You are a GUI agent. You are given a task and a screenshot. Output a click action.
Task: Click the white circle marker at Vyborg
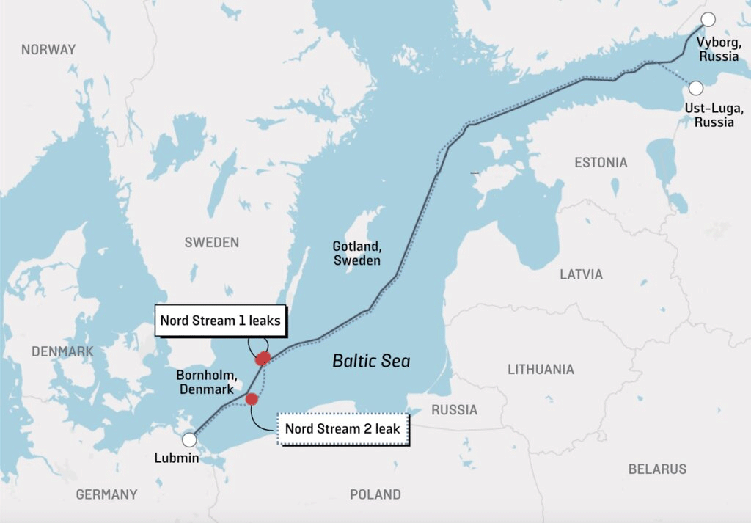(x=708, y=20)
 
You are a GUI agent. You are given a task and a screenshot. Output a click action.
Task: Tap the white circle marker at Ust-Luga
(x=695, y=88)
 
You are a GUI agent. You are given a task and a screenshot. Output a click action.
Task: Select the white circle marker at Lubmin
(x=189, y=439)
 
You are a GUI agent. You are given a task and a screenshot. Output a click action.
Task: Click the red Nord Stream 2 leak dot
(x=252, y=399)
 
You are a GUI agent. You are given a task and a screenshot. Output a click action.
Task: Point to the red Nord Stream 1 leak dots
(x=262, y=358)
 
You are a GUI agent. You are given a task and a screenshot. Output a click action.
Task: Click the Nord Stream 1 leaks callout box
(x=220, y=321)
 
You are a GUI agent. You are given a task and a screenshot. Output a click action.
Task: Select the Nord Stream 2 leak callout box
(x=342, y=428)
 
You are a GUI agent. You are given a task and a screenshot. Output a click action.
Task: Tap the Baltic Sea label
(x=371, y=361)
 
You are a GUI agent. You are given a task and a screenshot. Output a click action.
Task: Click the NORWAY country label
(x=48, y=50)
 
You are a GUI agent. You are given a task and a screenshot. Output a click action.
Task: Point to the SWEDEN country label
(x=211, y=243)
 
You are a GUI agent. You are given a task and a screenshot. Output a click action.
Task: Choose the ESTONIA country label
(x=601, y=163)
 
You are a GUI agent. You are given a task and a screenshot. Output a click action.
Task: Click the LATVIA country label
(x=581, y=274)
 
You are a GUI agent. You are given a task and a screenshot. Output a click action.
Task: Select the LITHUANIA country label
(x=541, y=370)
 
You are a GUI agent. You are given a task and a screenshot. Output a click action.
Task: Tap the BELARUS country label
(x=657, y=469)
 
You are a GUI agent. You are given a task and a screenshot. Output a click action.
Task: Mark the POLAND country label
(x=375, y=494)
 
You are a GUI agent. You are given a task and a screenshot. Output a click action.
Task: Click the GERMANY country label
(x=106, y=494)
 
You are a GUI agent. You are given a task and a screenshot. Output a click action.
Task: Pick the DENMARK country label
(x=62, y=351)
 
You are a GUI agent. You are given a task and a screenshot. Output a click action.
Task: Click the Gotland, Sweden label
(x=356, y=253)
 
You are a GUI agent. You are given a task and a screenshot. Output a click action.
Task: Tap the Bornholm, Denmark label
(x=205, y=382)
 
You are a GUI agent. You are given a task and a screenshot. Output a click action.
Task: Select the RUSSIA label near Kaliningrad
(x=454, y=409)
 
